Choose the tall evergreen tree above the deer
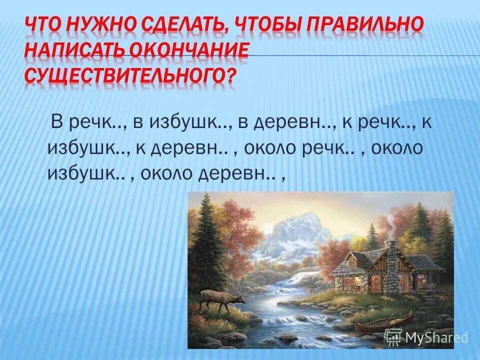[205, 235]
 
